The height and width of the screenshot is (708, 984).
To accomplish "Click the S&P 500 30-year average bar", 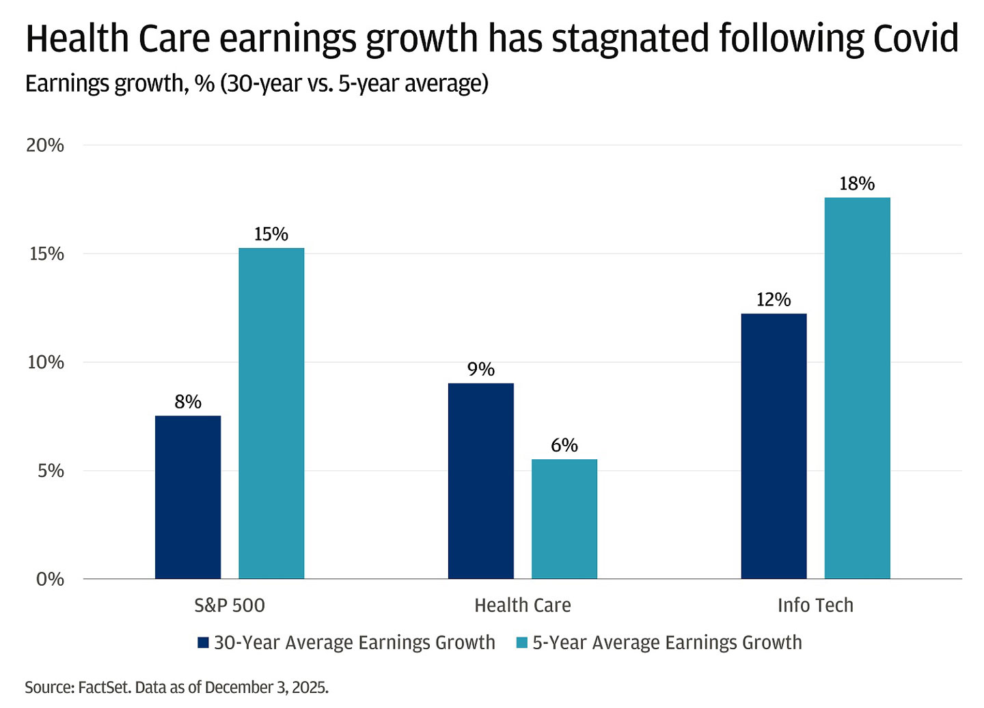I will pyautogui.click(x=188, y=497).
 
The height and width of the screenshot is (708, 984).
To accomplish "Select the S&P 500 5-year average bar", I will pyautogui.click(x=271, y=413).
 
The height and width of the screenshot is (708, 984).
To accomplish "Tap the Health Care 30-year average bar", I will pyautogui.click(x=481, y=480).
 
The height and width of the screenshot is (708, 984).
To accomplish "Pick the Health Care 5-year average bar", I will pyautogui.click(x=564, y=519).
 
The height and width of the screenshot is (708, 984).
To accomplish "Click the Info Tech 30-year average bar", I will pyautogui.click(x=774, y=446).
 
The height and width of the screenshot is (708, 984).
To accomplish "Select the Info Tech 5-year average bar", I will pyautogui.click(x=857, y=387).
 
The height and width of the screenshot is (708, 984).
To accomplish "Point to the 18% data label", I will pyautogui.click(x=857, y=184).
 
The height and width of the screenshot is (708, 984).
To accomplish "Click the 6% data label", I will pyautogui.click(x=564, y=446).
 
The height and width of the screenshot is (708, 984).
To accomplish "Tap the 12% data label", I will pyautogui.click(x=774, y=300).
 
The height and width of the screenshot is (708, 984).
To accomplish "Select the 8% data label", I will pyautogui.click(x=188, y=402).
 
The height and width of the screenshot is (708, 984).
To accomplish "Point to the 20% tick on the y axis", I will pyautogui.click(x=45, y=146).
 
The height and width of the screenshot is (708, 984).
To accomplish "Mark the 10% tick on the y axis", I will pyautogui.click(x=45, y=362).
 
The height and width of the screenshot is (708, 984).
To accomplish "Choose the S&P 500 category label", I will pyautogui.click(x=230, y=605).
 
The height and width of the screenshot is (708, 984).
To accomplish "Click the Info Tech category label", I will pyautogui.click(x=815, y=605).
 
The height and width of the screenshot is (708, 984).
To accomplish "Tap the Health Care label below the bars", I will pyautogui.click(x=523, y=605).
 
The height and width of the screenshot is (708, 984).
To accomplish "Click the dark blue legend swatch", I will pyautogui.click(x=203, y=643).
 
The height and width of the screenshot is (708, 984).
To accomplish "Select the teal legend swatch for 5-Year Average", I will pyautogui.click(x=522, y=643).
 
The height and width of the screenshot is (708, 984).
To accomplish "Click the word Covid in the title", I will pyautogui.click(x=916, y=39).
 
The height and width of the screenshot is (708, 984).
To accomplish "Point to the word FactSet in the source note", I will pyautogui.click(x=104, y=687).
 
